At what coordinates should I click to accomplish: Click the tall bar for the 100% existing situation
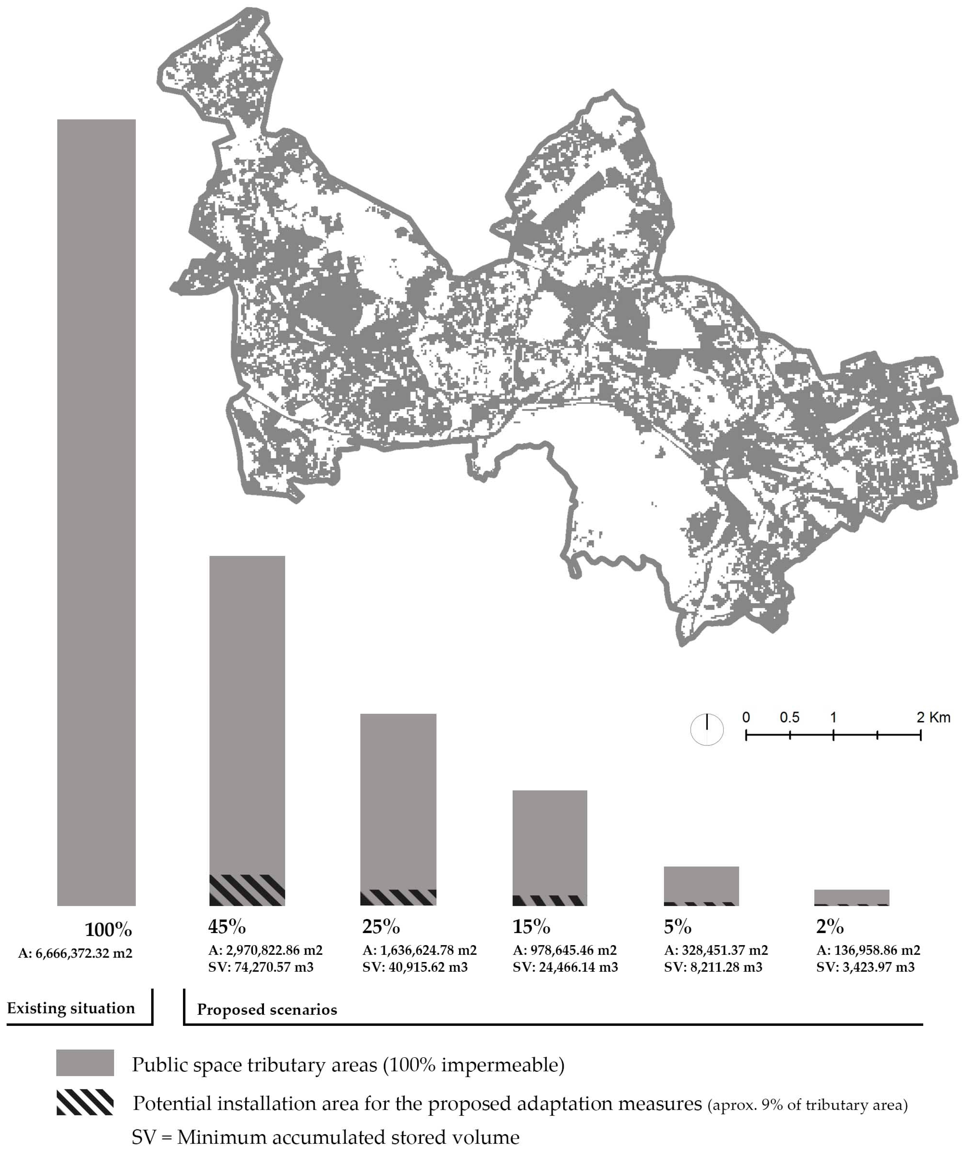[96, 511]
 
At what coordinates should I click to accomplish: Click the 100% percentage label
[108, 930]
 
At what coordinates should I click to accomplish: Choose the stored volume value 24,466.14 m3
[565, 967]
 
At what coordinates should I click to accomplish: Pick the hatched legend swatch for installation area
[85, 1102]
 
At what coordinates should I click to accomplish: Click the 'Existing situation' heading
[71, 1008]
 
